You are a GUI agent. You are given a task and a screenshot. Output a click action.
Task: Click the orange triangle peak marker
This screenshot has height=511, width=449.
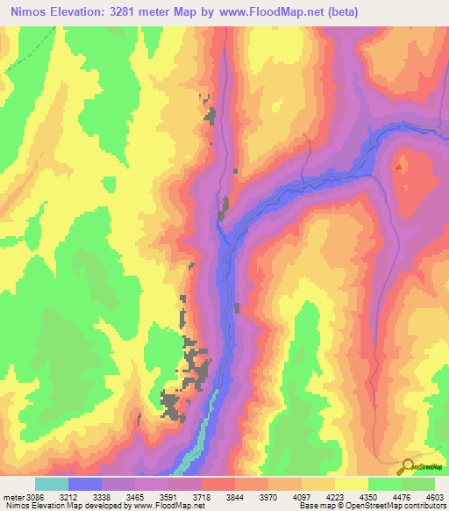[400, 166]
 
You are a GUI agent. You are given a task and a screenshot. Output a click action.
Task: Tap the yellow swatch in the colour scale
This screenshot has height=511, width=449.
[352, 484]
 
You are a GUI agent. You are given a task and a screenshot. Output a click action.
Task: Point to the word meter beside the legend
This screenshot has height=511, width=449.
[14, 496]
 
